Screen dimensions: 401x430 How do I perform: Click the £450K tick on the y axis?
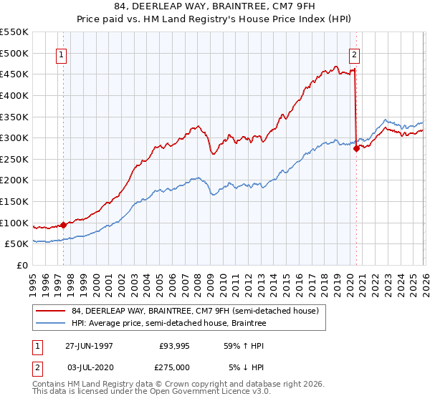pos(14,74)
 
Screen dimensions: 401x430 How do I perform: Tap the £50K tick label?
pos(16,244)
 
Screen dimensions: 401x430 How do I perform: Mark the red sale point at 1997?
pos(64,225)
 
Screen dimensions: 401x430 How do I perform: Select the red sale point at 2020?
pos(356,148)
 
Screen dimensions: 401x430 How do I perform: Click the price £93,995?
pos(174,345)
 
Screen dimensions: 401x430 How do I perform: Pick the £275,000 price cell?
pos(174,367)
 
